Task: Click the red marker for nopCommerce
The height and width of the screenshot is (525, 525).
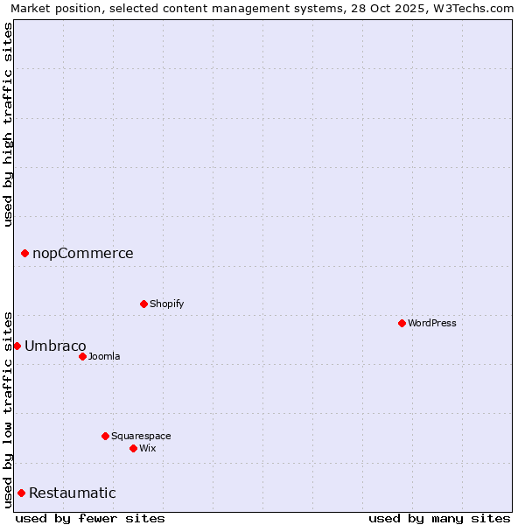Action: [24, 254]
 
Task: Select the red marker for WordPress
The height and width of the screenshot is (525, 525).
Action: [402, 323]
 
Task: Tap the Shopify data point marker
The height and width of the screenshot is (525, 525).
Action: [143, 304]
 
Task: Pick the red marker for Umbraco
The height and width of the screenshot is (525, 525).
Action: [17, 346]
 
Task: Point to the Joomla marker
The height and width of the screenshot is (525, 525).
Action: [82, 356]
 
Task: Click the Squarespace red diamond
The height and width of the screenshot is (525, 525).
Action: [105, 436]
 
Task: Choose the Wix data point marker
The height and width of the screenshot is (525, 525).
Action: [133, 448]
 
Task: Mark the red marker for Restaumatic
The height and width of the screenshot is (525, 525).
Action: [21, 493]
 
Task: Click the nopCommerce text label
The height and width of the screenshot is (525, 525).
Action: [83, 254]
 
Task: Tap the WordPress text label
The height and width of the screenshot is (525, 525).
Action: [432, 323]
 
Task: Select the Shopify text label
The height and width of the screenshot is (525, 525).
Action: [167, 304]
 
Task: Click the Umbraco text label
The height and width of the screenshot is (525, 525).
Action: [55, 346]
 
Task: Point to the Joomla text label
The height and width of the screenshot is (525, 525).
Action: [104, 356]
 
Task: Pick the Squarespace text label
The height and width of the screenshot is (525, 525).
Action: [141, 436]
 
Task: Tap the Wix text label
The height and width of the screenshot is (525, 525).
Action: [148, 448]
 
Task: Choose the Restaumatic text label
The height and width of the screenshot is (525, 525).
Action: [72, 493]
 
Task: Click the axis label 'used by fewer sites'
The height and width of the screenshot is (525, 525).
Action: [90, 518]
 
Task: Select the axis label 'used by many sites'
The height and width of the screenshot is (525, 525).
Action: [439, 518]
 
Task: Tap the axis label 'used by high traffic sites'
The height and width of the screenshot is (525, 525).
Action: [8, 124]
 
